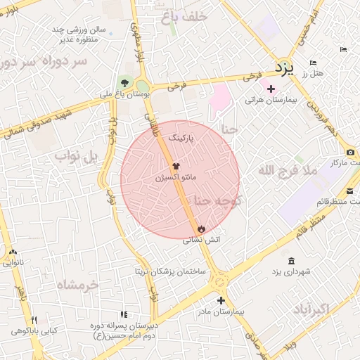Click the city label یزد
[282, 67]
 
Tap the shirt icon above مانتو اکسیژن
[176, 166]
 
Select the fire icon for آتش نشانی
[202, 228]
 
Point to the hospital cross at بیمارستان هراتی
[271, 89]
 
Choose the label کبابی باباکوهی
[34, 330]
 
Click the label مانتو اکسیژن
[176, 179]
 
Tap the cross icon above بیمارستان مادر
[240, 300]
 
